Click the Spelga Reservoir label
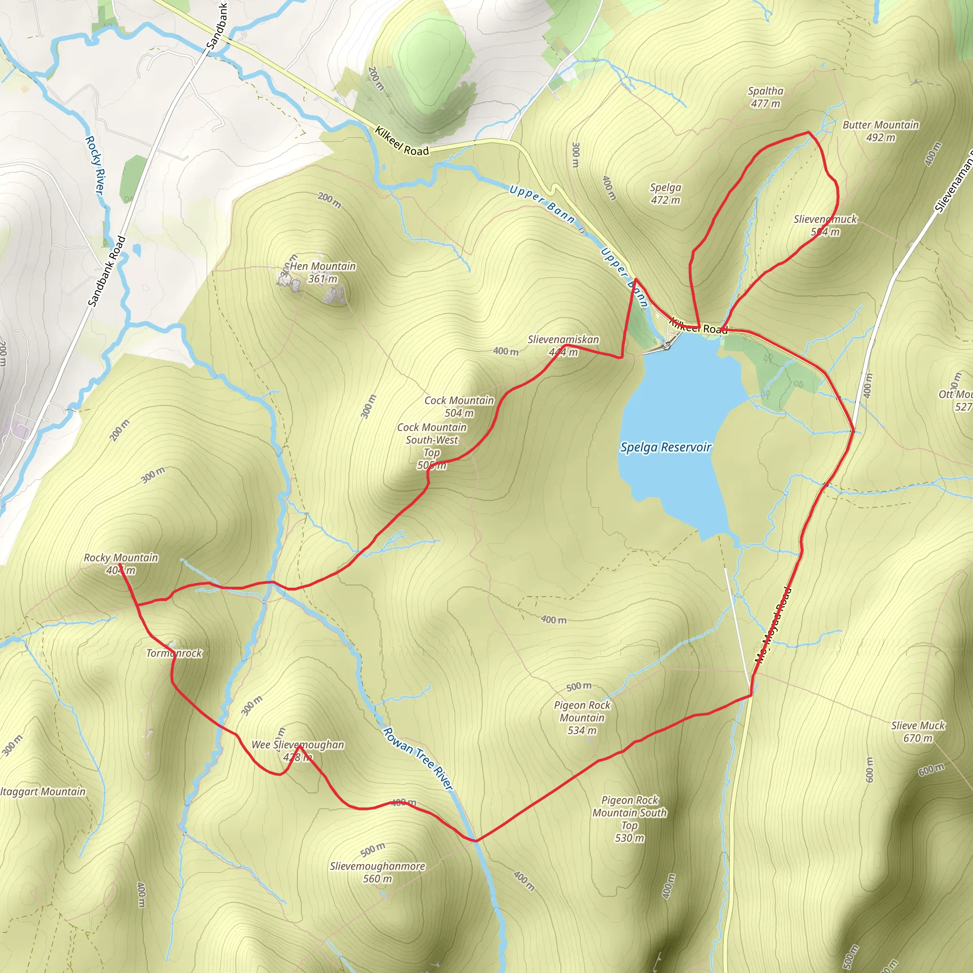pyautogui.click(x=665, y=447)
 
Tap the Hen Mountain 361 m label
pyautogui.click(x=323, y=272)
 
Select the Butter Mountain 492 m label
pyautogui.click(x=881, y=131)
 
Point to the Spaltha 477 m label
pyautogui.click(x=765, y=97)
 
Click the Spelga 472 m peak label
pyautogui.click(x=665, y=194)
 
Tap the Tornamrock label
pyautogui.click(x=174, y=653)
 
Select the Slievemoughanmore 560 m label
pyautogui.click(x=377, y=872)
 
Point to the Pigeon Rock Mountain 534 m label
pyautogui.click(x=582, y=718)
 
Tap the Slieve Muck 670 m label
pyautogui.click(x=918, y=732)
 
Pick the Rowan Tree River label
pyautogui.click(x=418, y=758)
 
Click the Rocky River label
pyautogui.click(x=95, y=165)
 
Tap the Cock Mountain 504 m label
pyautogui.click(x=459, y=406)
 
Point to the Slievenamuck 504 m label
pyautogui.click(x=825, y=225)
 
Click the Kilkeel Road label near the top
pyautogui.click(x=402, y=141)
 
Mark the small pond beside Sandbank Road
pyautogui.click(x=136, y=250)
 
